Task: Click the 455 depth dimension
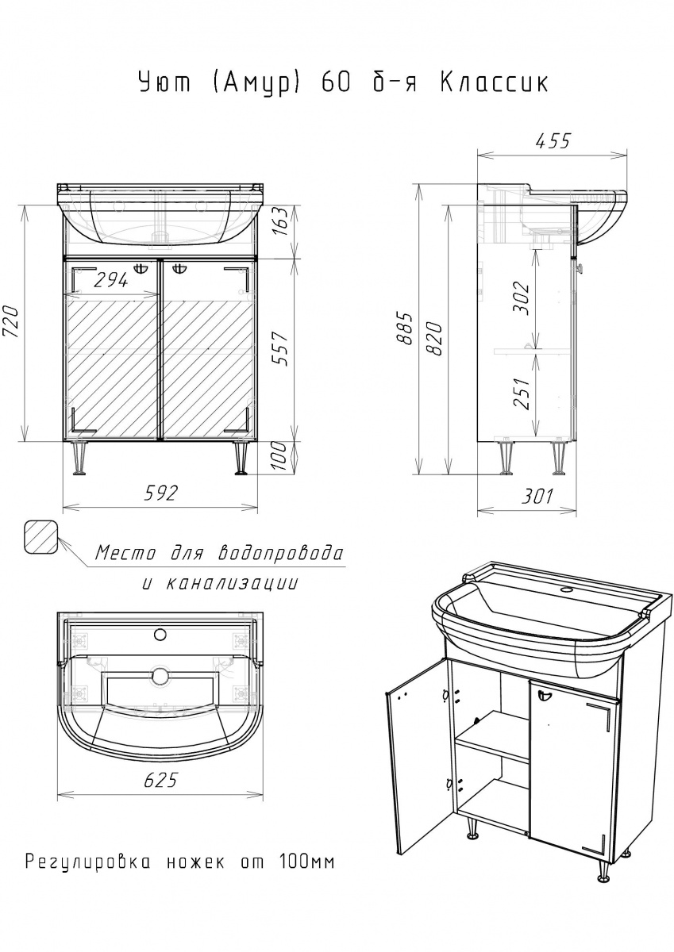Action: pyautogui.click(x=553, y=140)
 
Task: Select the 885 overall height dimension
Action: pyautogui.click(x=406, y=328)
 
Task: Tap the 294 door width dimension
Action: pyautogui.click(x=110, y=280)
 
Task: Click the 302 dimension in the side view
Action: pyautogui.click(x=522, y=297)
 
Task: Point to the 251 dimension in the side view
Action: pyautogui.click(x=522, y=393)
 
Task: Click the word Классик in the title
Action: pyautogui.click(x=494, y=83)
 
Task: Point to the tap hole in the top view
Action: pyautogui.click(x=160, y=635)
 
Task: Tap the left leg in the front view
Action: pyautogui.click(x=79, y=458)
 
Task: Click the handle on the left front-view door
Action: pyautogui.click(x=141, y=268)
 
